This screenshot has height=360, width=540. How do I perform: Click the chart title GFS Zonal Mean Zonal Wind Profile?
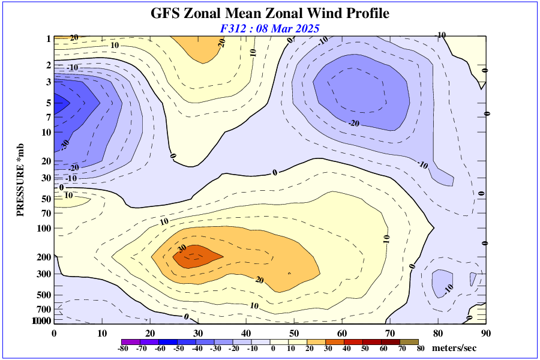(269, 13)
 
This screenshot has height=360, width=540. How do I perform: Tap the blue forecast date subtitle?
(269, 28)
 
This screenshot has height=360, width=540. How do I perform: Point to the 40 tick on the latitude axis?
(246, 333)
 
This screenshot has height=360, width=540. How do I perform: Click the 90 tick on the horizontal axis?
(485, 333)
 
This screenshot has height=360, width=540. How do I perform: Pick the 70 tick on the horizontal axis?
(389, 333)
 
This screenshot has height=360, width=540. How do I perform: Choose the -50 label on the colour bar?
(179, 349)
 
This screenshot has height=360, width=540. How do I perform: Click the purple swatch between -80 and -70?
(131, 341)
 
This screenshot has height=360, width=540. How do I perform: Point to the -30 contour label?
(65, 145)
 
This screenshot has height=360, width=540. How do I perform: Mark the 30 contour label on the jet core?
(182, 248)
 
